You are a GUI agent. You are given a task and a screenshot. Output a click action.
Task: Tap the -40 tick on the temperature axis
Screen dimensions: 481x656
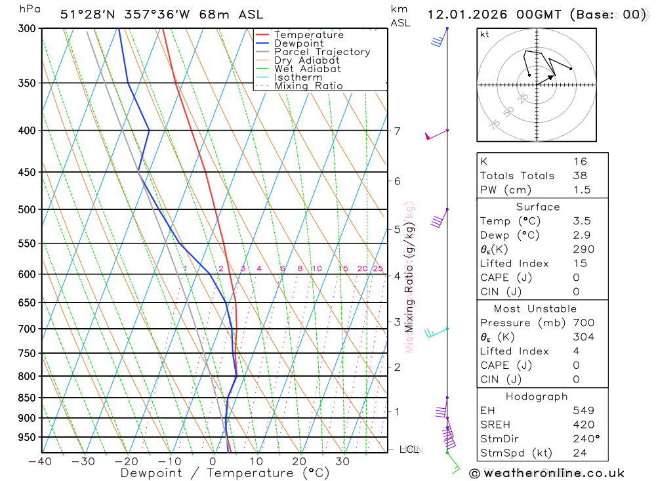[x=41, y=461]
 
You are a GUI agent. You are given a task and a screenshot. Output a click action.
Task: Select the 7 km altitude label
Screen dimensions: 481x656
[x=397, y=131]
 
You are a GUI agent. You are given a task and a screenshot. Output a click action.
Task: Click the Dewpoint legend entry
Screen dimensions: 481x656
[x=298, y=43]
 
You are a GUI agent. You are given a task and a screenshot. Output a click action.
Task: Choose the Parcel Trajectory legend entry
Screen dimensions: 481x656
[x=322, y=52]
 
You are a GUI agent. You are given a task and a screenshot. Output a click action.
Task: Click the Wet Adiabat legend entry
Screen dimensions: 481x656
[x=307, y=69]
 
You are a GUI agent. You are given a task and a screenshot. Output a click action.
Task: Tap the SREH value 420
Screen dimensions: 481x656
[x=580, y=425]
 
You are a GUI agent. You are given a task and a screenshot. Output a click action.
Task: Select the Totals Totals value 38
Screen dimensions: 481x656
[x=579, y=176]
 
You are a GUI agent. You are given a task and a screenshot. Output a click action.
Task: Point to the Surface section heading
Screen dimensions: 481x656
[x=538, y=207]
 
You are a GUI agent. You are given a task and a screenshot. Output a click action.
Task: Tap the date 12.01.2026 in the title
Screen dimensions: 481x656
[x=468, y=14]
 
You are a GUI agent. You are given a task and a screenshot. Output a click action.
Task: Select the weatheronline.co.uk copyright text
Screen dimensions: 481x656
[x=546, y=472]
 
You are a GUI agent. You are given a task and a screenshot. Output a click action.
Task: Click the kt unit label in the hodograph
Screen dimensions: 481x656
[x=485, y=34]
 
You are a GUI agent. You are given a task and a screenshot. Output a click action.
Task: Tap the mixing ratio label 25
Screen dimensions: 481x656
[x=378, y=268]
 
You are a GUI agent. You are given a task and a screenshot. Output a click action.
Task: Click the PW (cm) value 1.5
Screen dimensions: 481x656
[x=581, y=190]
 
